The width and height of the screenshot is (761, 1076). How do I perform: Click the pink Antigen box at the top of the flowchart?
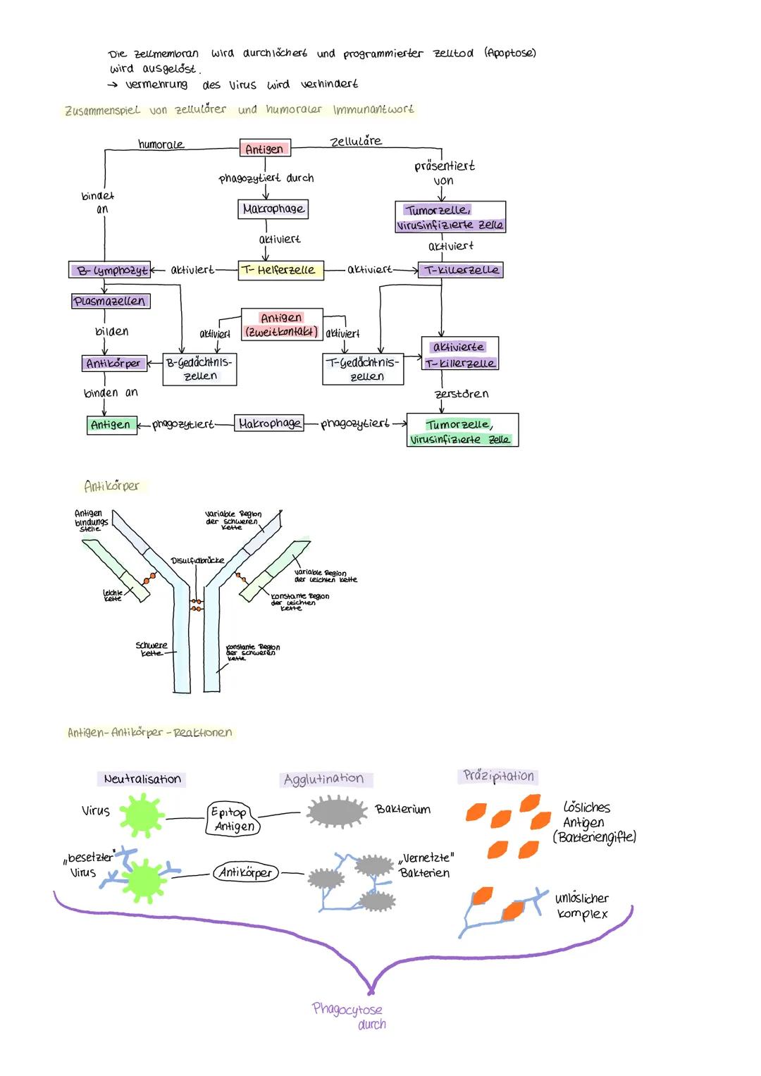(x=264, y=149)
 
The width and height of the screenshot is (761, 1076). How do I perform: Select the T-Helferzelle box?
(x=280, y=270)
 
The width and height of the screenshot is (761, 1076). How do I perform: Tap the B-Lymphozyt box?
(x=111, y=270)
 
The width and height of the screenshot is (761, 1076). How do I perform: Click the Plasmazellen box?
(x=110, y=301)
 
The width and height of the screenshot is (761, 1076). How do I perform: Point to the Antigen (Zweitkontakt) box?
(x=281, y=324)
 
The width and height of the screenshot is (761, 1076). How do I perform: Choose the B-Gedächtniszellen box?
(x=199, y=369)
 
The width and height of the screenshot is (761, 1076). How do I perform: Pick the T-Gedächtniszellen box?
(x=363, y=369)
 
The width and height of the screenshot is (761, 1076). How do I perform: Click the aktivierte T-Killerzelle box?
(x=460, y=355)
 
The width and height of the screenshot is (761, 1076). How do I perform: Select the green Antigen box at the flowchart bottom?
(x=111, y=424)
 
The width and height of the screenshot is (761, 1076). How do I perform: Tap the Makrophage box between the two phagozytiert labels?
(x=269, y=423)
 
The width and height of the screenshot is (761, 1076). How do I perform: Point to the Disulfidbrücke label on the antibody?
(x=197, y=560)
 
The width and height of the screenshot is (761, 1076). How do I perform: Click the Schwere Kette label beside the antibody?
(x=151, y=649)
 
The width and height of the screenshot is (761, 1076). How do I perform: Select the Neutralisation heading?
(x=142, y=779)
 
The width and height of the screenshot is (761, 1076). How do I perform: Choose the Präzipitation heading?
(x=499, y=776)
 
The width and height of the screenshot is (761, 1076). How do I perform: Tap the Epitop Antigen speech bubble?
(x=232, y=819)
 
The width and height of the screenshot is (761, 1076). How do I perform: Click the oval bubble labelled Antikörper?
(x=246, y=872)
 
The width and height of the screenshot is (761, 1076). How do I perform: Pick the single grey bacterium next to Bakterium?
(x=337, y=812)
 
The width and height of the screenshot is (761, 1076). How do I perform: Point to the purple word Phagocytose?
(x=347, y=1009)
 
